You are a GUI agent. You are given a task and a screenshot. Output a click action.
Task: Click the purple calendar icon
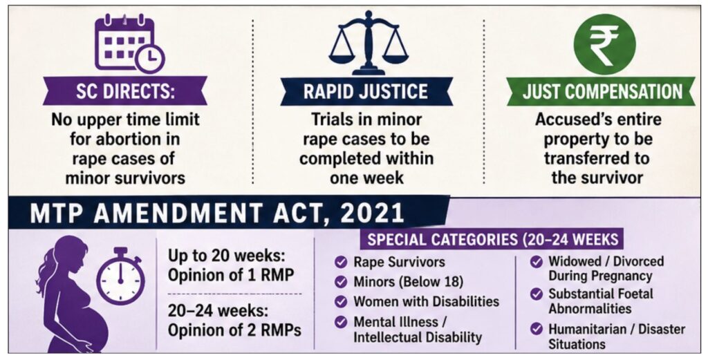point(129,43)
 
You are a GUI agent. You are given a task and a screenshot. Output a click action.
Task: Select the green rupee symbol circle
point(604,44)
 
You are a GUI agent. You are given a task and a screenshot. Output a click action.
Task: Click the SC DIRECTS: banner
point(125,91)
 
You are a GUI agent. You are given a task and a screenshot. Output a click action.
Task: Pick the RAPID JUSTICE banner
point(366,92)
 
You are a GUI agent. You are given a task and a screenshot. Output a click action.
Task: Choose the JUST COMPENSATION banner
point(601,92)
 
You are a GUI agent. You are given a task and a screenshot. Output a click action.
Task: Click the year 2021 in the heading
point(372,213)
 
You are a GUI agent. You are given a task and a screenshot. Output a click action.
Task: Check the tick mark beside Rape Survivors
point(341,262)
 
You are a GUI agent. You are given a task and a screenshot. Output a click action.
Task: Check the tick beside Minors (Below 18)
point(341,282)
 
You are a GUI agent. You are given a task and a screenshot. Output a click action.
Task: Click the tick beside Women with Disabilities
point(341,301)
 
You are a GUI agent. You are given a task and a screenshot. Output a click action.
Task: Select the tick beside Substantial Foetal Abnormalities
point(537,294)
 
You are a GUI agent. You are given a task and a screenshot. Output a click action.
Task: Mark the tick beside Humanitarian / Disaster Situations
point(537,329)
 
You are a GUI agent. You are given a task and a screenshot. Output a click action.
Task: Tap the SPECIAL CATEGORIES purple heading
point(492,239)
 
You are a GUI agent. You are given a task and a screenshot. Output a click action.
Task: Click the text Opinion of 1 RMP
point(231,275)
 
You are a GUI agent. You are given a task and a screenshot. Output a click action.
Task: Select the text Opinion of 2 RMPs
point(234,330)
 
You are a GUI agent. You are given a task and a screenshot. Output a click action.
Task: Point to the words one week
point(366,178)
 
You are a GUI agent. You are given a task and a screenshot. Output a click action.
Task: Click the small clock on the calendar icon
point(150,58)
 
